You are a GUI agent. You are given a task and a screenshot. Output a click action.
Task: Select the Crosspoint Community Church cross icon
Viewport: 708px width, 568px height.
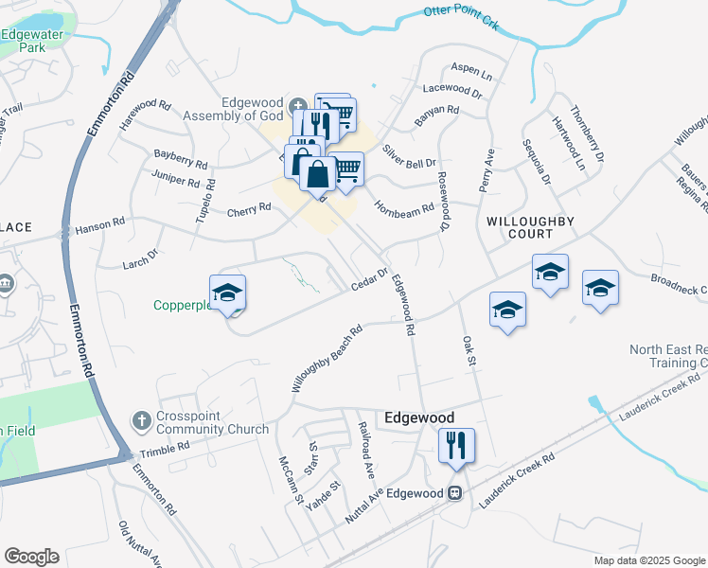[141, 418]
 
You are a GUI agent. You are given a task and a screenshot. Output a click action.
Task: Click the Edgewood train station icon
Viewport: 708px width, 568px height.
[455, 493]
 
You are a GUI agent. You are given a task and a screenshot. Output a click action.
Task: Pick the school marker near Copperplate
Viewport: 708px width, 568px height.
[227, 294]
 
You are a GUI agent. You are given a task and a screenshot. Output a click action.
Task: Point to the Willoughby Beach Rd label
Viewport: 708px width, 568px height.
[327, 360]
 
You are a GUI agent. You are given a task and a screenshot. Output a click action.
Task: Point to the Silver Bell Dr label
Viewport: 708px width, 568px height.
[410, 156]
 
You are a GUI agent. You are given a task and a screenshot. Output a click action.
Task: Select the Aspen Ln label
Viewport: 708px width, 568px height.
[472, 73]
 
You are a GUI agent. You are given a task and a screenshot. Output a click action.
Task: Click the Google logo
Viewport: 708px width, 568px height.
[31, 557]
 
